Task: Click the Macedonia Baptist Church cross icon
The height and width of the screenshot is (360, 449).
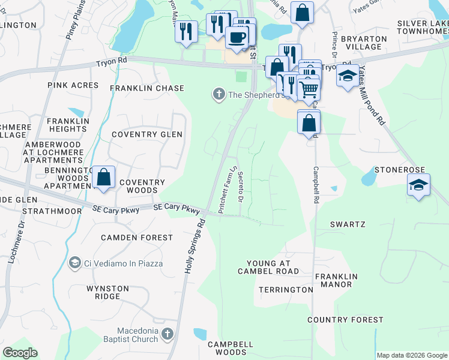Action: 167,334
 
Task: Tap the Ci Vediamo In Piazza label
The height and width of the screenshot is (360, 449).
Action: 115,263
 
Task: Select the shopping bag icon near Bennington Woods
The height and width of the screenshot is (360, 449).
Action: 103,178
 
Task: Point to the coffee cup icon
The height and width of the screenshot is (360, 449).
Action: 237,38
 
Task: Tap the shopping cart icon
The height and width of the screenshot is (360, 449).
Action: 309,89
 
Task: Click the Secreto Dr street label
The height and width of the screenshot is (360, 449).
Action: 241,187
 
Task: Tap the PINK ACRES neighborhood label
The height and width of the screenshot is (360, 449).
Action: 73,86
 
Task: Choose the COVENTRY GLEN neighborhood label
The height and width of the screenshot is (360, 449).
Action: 146,135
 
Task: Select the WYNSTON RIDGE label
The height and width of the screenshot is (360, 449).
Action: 108,293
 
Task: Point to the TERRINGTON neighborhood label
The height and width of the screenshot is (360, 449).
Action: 286,290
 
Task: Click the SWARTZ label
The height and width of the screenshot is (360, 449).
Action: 348,224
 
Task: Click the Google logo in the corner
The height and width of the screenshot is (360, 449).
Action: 20,353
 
